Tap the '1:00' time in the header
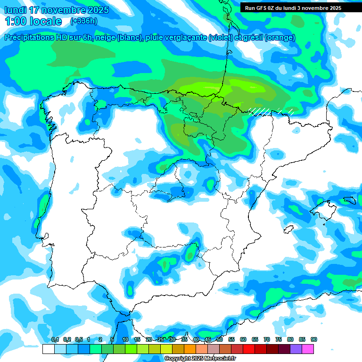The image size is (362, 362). [16, 21]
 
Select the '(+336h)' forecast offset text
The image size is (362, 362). [83, 21]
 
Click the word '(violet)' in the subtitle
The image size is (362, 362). [220, 38]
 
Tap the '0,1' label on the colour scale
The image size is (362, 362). [55, 340]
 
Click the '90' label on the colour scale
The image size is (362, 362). [314, 340]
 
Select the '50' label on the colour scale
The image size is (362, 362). [220, 340]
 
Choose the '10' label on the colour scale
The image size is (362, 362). [125, 340]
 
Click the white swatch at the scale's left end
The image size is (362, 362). [48, 349]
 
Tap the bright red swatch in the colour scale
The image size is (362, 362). [249, 349]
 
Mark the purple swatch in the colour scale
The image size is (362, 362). [296, 349]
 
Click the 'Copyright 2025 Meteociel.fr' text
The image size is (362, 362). [200, 359]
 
